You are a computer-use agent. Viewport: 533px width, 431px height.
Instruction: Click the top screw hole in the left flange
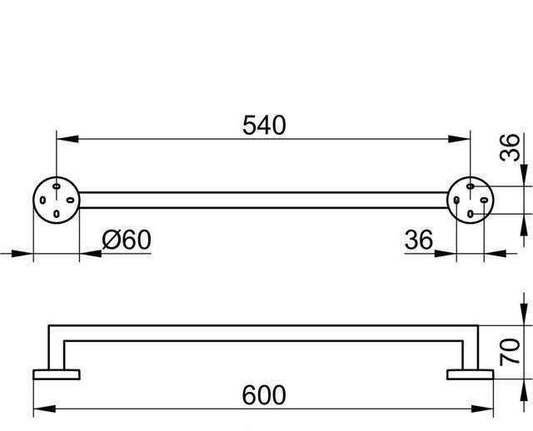[56, 184]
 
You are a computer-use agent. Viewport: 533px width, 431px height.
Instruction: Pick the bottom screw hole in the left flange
[56, 214]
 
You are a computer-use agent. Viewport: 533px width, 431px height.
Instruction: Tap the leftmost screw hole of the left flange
[42, 199]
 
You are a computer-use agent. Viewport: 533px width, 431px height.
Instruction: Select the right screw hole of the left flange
[71, 199]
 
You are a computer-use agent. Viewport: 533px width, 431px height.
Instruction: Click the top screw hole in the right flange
[471, 184]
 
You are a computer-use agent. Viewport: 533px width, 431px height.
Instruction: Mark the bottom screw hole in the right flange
[471, 214]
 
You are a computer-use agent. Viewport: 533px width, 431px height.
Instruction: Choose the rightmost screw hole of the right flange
[486, 199]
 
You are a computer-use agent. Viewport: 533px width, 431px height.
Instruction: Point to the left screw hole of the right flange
[456, 199]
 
